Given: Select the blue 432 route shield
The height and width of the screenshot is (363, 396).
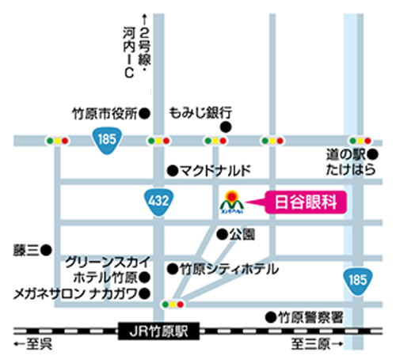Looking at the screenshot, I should (x=158, y=202).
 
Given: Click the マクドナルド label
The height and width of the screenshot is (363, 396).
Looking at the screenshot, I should (x=214, y=170).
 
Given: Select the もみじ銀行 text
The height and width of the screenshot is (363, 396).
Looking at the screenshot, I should (x=200, y=113).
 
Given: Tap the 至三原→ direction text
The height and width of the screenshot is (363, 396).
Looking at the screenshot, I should (x=316, y=345).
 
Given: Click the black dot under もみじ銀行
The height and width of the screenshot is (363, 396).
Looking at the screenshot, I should (x=226, y=127).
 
